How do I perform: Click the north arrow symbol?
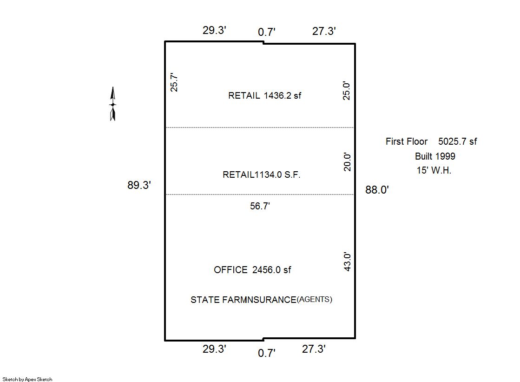point(113,104)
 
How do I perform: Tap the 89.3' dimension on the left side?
point(139,185)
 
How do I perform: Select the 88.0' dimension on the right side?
point(377,190)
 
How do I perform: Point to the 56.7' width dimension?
point(260,206)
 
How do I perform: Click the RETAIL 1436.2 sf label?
point(264,96)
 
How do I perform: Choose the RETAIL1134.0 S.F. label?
point(262,175)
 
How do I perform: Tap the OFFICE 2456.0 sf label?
point(252,270)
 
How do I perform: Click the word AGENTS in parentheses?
point(315,299)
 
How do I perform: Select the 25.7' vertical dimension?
point(174,82)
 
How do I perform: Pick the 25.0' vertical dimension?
point(347,91)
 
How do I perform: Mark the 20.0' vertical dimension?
point(347,162)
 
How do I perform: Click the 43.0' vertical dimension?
point(347,262)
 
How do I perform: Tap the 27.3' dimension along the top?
point(324,31)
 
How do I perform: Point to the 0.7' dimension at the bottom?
point(267,353)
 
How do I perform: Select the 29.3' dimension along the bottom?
point(215,349)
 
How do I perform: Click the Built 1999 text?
point(435,156)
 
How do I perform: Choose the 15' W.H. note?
point(434,170)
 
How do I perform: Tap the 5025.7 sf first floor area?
point(458,141)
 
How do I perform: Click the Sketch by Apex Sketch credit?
point(27,379)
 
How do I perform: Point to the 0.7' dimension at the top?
point(267,32)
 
